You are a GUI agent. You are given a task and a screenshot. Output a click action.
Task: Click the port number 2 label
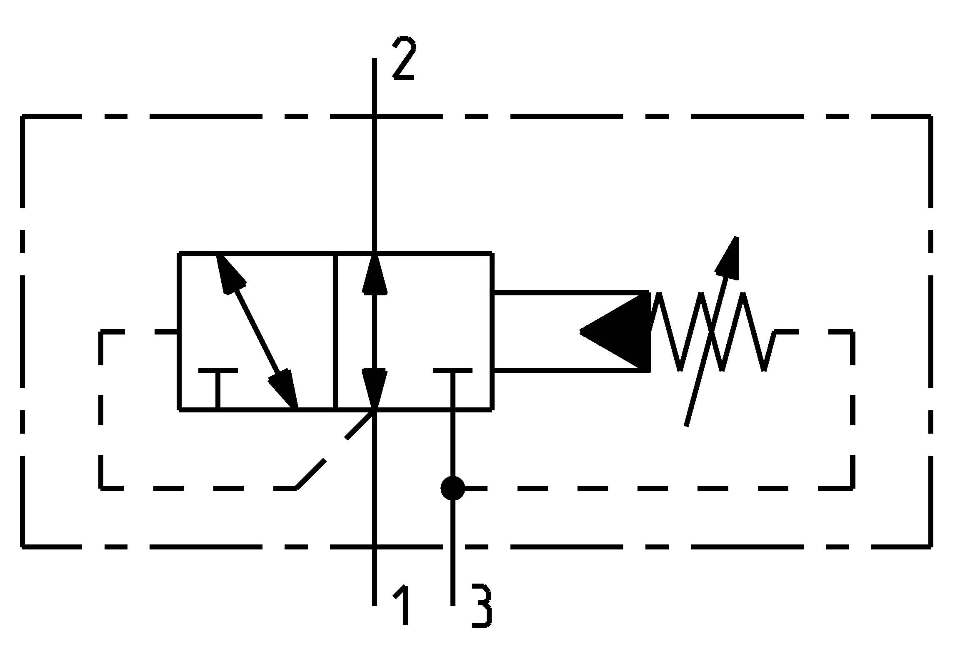[403, 58]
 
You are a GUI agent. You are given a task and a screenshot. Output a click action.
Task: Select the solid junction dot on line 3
[453, 488]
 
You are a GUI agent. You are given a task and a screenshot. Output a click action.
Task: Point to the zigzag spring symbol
[712, 332]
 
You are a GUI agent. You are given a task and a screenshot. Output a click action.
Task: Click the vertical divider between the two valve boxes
[336, 332]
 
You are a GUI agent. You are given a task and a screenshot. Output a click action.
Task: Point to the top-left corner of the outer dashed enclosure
[23, 117]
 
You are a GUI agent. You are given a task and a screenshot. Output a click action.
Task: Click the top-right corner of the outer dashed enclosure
[930, 117]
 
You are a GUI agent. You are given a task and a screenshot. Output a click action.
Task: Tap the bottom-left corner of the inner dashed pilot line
[101, 487]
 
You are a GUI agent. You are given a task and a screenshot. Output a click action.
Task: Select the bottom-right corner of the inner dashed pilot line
[852, 487]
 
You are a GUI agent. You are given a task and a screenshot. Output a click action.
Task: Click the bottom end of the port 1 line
[375, 604]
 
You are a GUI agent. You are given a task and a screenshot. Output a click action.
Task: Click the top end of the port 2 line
[375, 59]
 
